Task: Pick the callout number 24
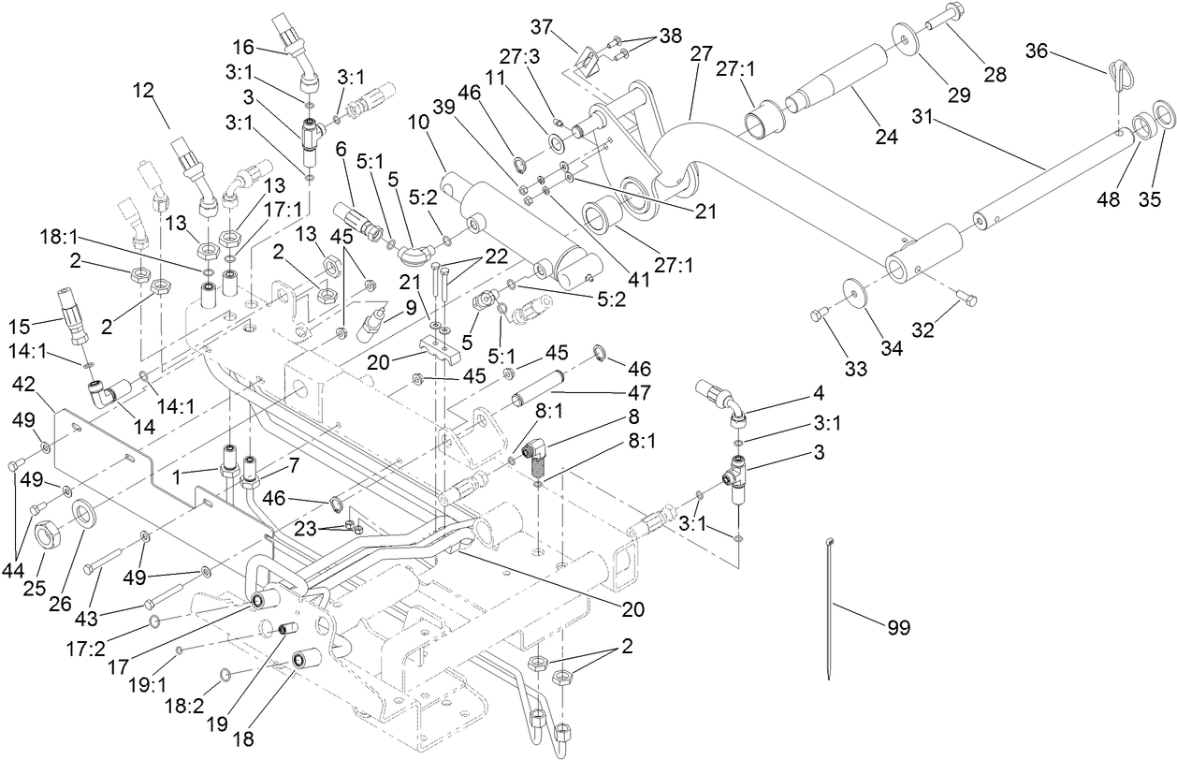coord(885,138)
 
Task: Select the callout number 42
coord(25,385)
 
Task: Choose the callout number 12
coord(142,92)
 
